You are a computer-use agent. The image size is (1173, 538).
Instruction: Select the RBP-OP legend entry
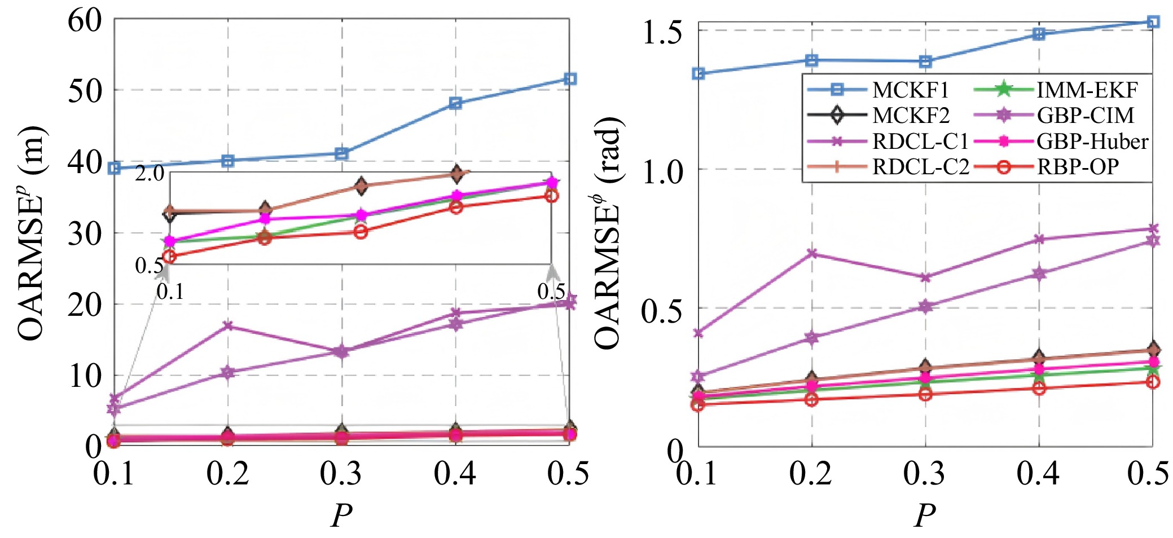(1077, 167)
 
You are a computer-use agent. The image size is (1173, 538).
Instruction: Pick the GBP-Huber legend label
(1092, 141)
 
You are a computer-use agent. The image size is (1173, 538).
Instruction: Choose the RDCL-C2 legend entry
(920, 167)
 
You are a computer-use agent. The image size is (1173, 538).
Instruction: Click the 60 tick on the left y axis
(85, 21)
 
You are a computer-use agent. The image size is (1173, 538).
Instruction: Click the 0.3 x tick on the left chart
(341, 473)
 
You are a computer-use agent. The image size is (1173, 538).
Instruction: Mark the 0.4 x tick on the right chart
(1038, 473)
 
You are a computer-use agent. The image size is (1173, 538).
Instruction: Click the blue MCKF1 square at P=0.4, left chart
(455, 103)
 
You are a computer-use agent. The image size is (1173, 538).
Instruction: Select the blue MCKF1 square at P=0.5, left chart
(570, 78)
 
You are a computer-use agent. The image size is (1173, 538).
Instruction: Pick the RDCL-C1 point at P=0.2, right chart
(812, 253)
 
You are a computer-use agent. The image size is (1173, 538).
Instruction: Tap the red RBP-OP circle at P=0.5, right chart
(1153, 382)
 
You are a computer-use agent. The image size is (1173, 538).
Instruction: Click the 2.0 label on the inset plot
(149, 173)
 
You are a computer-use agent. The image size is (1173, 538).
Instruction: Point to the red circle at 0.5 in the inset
(551, 196)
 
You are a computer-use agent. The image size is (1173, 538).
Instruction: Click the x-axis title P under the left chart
(341, 515)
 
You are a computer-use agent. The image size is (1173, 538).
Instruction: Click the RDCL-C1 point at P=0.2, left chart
(228, 325)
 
